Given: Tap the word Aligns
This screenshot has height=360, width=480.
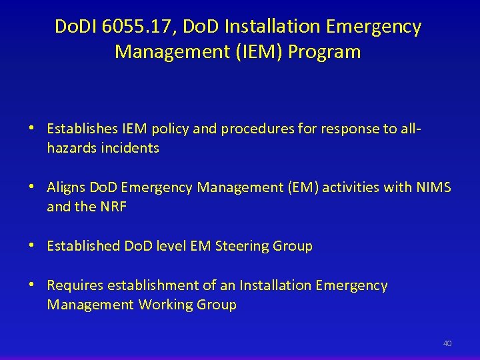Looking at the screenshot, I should (x=66, y=187).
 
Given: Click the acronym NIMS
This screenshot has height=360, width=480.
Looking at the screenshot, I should (x=433, y=187).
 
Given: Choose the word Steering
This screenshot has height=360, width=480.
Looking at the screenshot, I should (x=242, y=246).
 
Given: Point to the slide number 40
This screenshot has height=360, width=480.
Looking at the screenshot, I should (x=447, y=343).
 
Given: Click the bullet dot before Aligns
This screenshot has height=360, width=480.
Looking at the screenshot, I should (x=31, y=187).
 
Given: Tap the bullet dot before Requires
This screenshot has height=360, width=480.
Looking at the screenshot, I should (x=31, y=285).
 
